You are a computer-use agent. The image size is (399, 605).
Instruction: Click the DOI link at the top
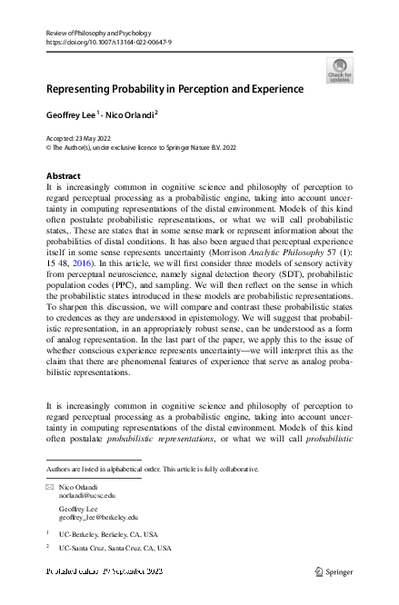tap(108, 42)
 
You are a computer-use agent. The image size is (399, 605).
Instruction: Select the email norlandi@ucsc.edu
tap(86, 496)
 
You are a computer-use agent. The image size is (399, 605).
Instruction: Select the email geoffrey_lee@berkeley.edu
tap(98, 517)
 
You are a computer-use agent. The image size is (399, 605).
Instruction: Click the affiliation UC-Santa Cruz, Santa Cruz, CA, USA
tap(114, 549)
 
